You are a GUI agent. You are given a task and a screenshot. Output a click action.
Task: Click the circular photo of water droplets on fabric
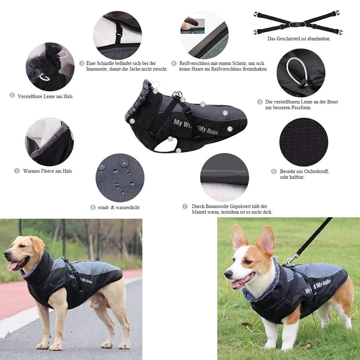click(120, 177)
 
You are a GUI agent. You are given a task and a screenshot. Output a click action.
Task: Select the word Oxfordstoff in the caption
click(310, 171)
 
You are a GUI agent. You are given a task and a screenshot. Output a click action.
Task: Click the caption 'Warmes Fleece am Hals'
click(47, 171)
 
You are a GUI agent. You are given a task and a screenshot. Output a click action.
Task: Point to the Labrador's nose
click(6, 255)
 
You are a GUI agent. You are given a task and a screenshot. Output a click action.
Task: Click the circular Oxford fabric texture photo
click(303, 142)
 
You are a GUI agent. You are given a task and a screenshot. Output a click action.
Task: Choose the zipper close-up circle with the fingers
click(204, 35)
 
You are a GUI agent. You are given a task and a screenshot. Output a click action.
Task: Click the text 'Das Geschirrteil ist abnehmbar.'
click(299, 39)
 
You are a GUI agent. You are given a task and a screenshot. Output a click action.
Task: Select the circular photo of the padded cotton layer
click(224, 177)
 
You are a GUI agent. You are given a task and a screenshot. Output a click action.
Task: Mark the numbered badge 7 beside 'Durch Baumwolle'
click(185, 206)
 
